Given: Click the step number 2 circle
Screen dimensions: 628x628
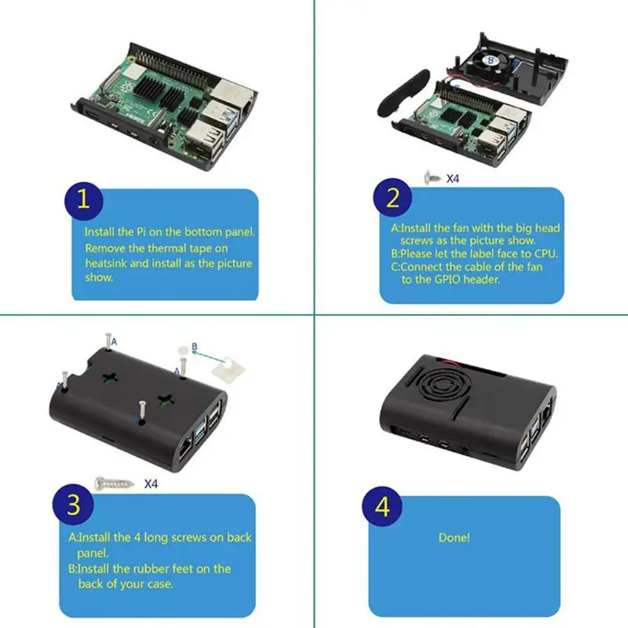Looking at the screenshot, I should pos(393,199).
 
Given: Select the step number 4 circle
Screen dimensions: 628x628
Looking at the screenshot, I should pos(382,506).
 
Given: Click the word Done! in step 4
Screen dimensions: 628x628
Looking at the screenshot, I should pos(454,538).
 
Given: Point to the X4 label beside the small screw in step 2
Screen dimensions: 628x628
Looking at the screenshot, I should pos(453,178).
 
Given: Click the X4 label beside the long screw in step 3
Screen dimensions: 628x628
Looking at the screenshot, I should pos(152,484).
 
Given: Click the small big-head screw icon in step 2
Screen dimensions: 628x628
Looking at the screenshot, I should pos(431,178).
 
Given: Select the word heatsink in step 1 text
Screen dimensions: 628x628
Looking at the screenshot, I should pos(106,263).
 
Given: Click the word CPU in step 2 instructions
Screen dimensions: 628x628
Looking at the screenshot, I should pos(543,254).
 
